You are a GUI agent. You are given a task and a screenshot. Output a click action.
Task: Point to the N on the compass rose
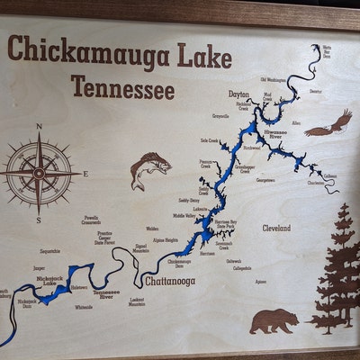click(x=39, y=127)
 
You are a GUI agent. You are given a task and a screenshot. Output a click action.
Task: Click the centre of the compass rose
click(x=39, y=171)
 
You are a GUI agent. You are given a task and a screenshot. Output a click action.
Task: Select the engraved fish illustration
click(x=148, y=170)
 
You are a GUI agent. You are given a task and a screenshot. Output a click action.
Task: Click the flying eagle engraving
click(x=329, y=123)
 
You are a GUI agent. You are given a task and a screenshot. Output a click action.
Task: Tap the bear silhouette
click(x=274, y=319)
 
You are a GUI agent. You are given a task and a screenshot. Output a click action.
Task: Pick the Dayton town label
click(x=238, y=94)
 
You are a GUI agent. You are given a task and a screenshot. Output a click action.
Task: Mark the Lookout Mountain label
click(x=137, y=301)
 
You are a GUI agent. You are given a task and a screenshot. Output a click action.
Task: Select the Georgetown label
click(x=265, y=180)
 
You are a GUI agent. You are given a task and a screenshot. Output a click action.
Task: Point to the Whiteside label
click(x=84, y=307)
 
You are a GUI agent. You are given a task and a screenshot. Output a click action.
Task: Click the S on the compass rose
click(x=38, y=219)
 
